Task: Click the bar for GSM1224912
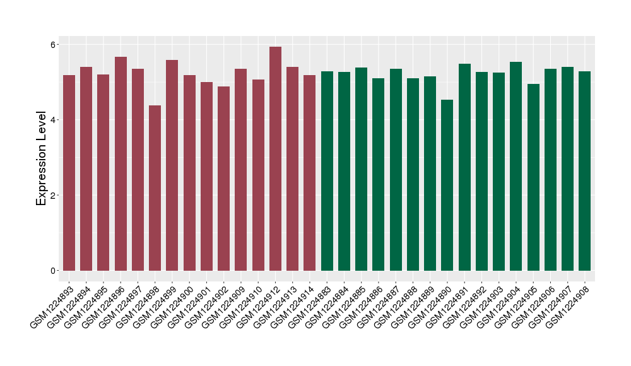click(x=275, y=158)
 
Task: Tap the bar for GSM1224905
click(x=533, y=177)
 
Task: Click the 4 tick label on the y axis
click(x=53, y=120)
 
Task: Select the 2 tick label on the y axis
click(x=53, y=195)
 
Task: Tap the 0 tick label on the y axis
click(x=53, y=270)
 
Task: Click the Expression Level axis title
click(x=42, y=158)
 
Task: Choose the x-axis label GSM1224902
click(x=206, y=302)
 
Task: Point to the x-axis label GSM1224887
click(x=379, y=302)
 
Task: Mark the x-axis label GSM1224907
click(x=550, y=302)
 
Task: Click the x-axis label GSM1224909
click(x=223, y=302)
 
